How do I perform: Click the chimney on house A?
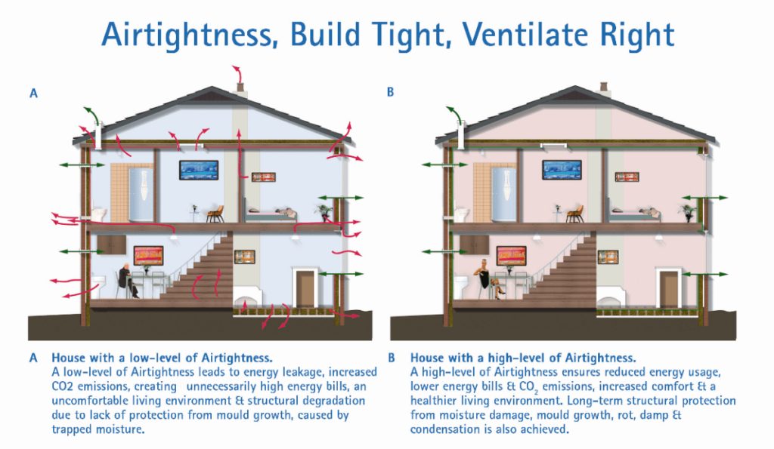[240, 89]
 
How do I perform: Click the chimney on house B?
[603, 88]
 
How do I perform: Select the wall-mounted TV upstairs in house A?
[199, 170]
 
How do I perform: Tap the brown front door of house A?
[305, 289]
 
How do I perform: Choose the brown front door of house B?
[668, 289]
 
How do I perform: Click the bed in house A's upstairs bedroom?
[271, 214]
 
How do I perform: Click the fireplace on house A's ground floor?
[247, 297]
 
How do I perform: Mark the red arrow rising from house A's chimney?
[239, 74]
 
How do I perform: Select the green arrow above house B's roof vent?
[455, 115]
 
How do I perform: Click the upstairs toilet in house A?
[99, 214]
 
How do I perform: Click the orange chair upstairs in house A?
[215, 214]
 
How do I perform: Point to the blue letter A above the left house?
[33, 93]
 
